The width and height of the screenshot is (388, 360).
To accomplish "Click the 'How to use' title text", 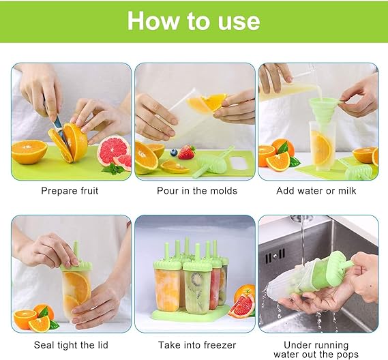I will click(194, 21).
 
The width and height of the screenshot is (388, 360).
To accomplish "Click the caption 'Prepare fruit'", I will click(70, 191).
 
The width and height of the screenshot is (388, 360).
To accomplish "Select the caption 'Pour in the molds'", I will click(196, 191).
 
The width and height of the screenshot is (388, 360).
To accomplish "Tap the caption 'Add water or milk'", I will click(316, 191).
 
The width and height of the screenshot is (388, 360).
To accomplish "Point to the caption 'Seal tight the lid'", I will click(70, 345).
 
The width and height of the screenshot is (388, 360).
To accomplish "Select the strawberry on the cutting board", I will click(186, 152).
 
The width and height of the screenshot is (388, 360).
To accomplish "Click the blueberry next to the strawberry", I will click(174, 153).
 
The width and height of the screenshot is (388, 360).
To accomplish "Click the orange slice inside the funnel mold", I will click(321, 146).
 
